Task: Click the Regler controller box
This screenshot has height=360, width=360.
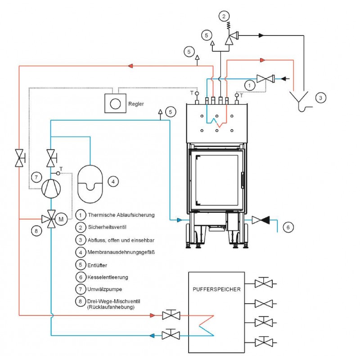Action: (115, 103)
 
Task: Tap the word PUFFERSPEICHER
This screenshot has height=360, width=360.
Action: (216, 289)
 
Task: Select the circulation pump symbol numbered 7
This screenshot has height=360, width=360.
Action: (51, 189)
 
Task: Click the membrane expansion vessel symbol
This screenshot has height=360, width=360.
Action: (90, 184)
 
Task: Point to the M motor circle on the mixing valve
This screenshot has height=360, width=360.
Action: (61, 219)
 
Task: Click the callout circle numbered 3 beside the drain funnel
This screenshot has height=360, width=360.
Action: (320, 98)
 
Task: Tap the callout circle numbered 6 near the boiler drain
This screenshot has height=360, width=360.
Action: (288, 227)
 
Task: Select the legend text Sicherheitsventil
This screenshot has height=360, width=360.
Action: (107, 227)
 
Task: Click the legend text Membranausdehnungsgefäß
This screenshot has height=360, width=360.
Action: (121, 252)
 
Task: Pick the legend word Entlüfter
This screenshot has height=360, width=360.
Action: (97, 265)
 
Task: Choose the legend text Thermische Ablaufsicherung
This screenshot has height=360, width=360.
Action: (121, 215)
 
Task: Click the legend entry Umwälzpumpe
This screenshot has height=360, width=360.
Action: (104, 289)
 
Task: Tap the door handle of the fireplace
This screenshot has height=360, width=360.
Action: (242, 180)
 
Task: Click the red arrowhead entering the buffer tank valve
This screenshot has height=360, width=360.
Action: (152, 315)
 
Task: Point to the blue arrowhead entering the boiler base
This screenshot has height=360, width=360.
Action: (179, 220)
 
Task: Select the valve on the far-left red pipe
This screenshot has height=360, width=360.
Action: (19, 158)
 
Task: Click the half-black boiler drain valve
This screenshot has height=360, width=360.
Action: (261, 220)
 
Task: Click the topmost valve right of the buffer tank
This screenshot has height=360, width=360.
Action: (264, 283)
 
